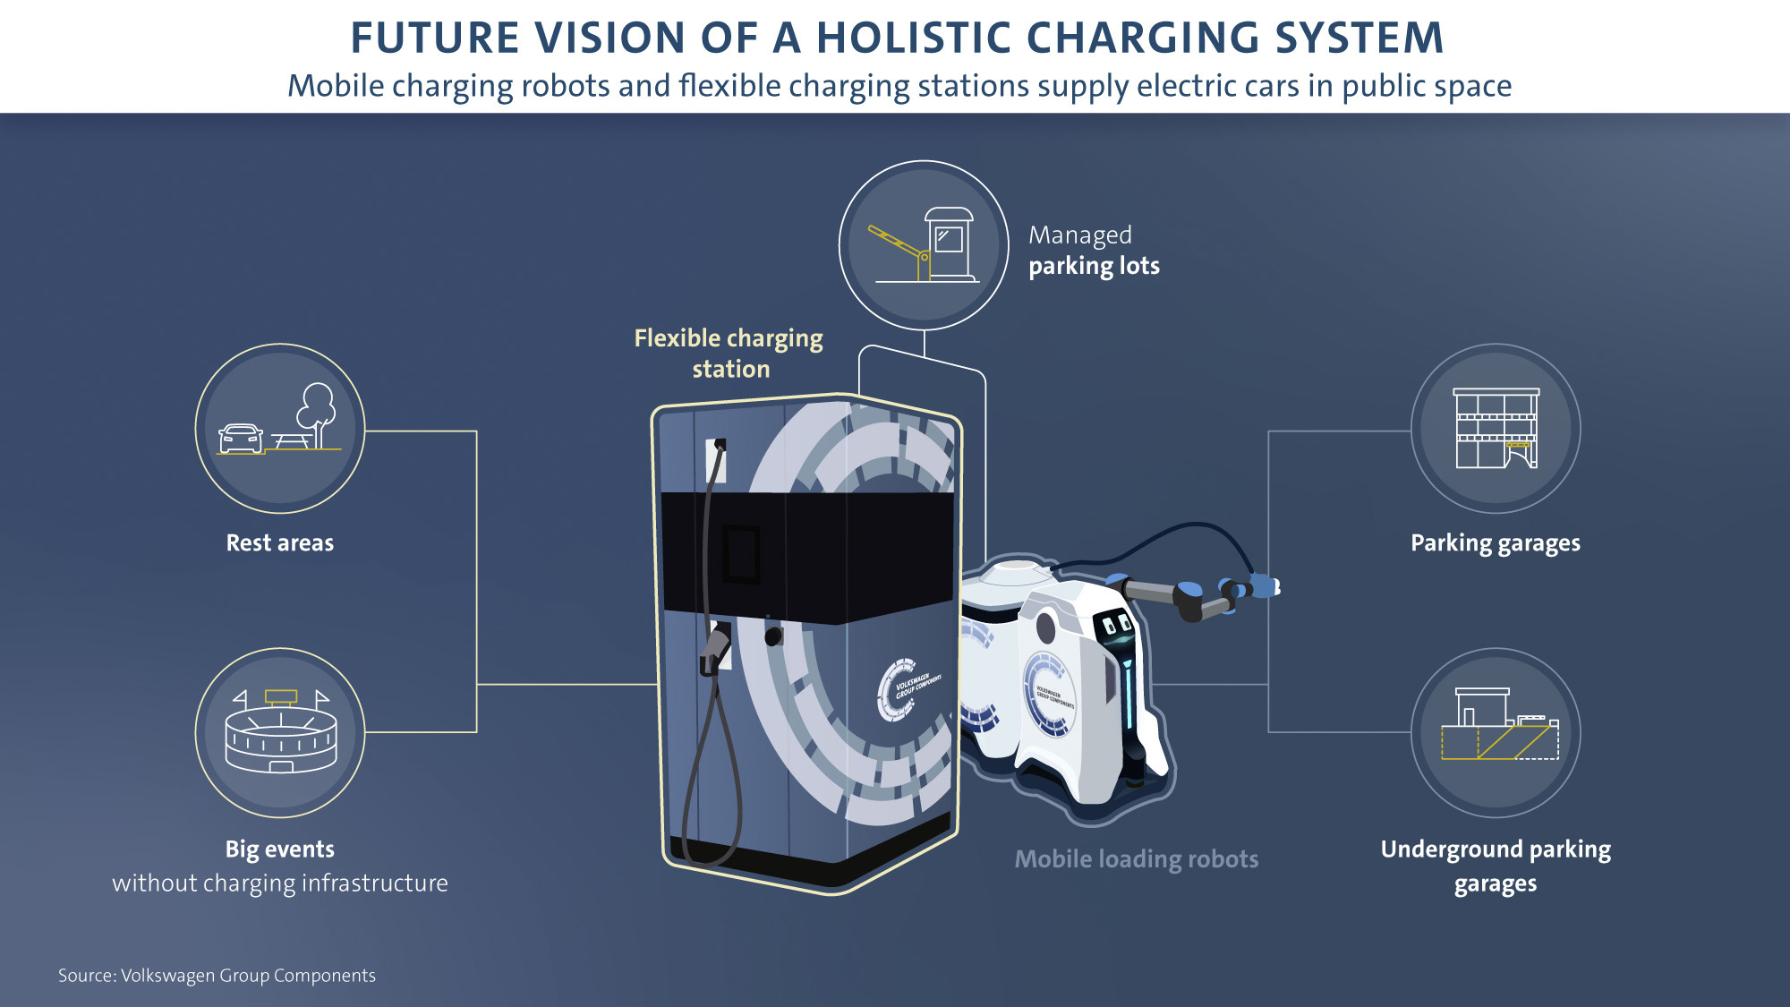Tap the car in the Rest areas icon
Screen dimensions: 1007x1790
[241, 439]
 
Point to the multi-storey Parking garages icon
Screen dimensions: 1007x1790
[1496, 429]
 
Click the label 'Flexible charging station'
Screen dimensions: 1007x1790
[729, 354]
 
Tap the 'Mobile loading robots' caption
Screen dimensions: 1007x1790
[1136, 859]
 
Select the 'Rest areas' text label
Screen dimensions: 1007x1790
[280, 543]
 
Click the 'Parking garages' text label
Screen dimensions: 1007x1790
[1495, 543]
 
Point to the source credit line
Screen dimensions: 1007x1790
[217, 976]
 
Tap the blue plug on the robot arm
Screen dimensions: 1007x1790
[1263, 586]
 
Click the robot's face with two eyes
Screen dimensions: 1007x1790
[1116, 624]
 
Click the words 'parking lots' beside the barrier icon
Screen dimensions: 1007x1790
[1094, 267]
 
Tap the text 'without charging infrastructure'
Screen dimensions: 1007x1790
[280, 883]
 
